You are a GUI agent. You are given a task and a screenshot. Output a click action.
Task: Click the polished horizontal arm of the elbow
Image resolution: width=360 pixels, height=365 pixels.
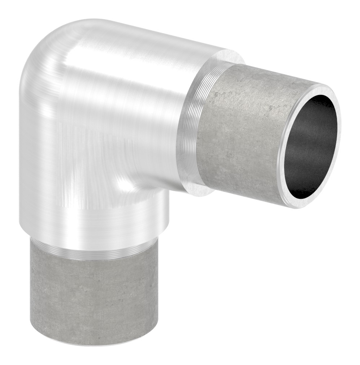(x=144, y=90)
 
